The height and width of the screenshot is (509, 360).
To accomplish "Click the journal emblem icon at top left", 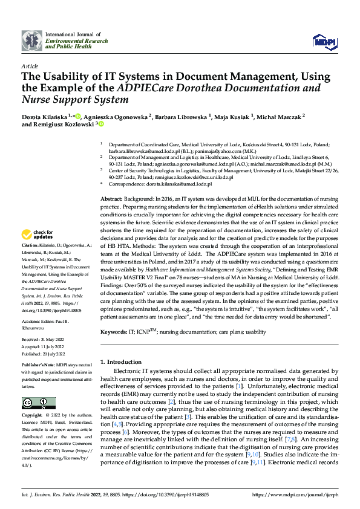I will (x=31, y=41).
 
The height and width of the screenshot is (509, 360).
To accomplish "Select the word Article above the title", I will (x=30, y=66).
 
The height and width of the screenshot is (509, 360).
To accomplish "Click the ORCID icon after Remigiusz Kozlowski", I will (x=100, y=124).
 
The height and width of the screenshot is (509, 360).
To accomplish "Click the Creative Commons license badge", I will (x=36, y=403).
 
